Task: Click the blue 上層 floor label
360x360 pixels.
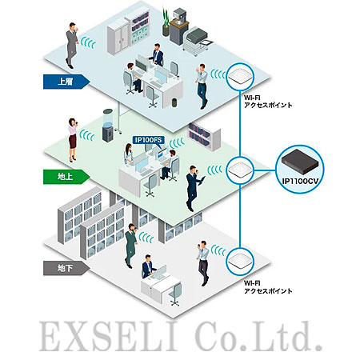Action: click(66, 82)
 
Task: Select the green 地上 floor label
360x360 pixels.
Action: click(66, 177)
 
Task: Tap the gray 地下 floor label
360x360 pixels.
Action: click(66, 268)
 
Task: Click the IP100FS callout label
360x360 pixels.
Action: click(148, 140)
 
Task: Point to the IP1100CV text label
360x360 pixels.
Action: click(300, 182)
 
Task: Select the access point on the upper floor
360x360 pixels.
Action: click(240, 77)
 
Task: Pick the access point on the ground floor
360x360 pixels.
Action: click(239, 170)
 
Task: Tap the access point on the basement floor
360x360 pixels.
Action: click(239, 262)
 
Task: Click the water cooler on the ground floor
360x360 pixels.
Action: click(108, 126)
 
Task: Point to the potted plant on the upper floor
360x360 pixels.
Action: click(166, 22)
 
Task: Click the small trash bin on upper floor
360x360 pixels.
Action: click(174, 102)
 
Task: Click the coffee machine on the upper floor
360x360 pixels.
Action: click(179, 26)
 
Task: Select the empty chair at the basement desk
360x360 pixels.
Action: click(175, 294)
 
